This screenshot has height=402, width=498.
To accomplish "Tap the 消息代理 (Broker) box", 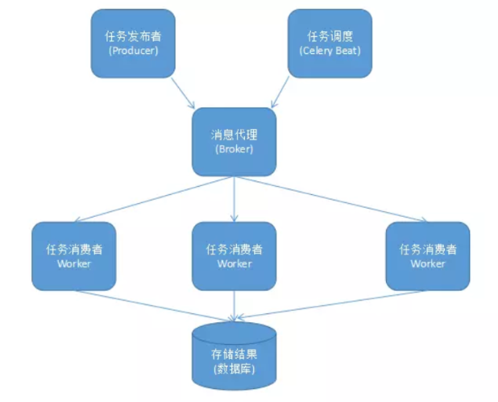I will pos(234,141).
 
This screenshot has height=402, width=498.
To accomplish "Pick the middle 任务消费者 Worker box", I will pos(234,255).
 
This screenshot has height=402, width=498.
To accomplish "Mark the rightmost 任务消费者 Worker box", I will pos(427,255).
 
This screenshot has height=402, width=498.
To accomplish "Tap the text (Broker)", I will pos(234,149).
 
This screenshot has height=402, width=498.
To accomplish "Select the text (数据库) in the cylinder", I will pos(234,369).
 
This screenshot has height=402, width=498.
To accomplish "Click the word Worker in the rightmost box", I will pos(427,263).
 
